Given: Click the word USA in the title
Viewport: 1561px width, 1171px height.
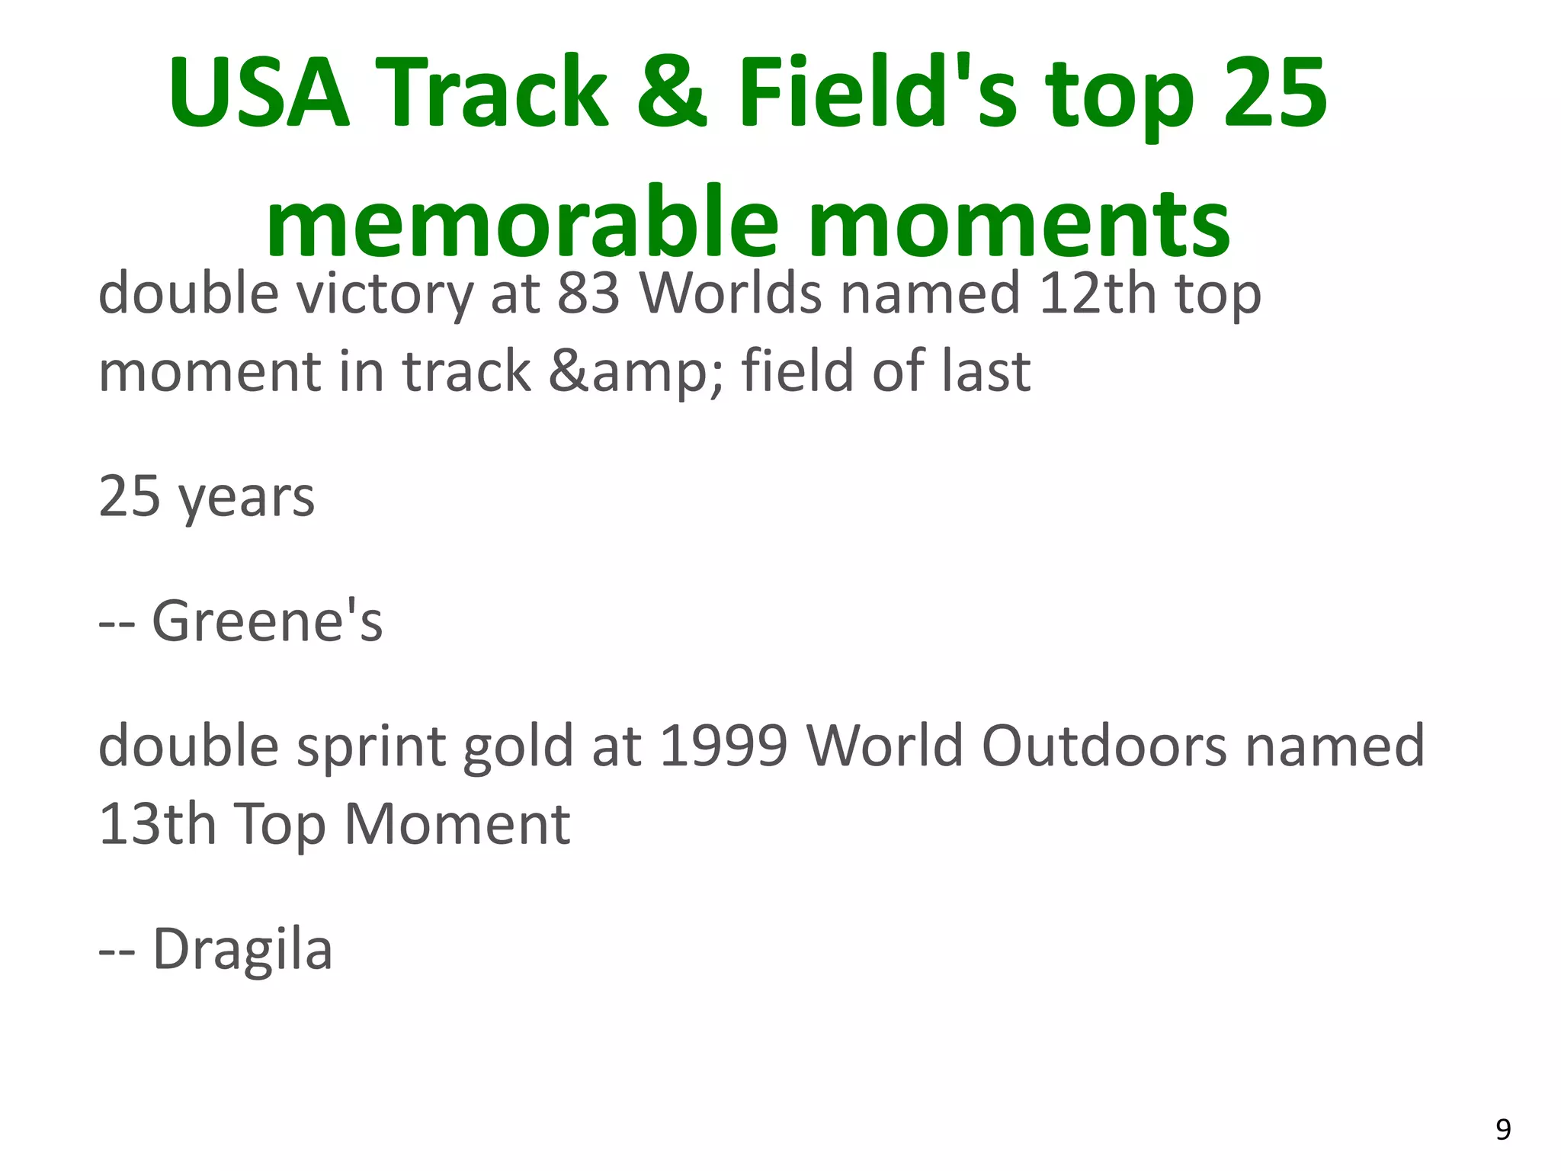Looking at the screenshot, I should click(258, 94).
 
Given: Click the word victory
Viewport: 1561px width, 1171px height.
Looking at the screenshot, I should click(384, 294).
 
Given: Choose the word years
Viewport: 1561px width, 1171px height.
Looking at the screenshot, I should click(245, 498).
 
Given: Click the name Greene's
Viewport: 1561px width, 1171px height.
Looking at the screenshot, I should click(267, 621).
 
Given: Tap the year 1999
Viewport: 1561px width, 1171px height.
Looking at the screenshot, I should click(723, 746).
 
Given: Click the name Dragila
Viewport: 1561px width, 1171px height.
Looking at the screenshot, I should click(242, 950).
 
